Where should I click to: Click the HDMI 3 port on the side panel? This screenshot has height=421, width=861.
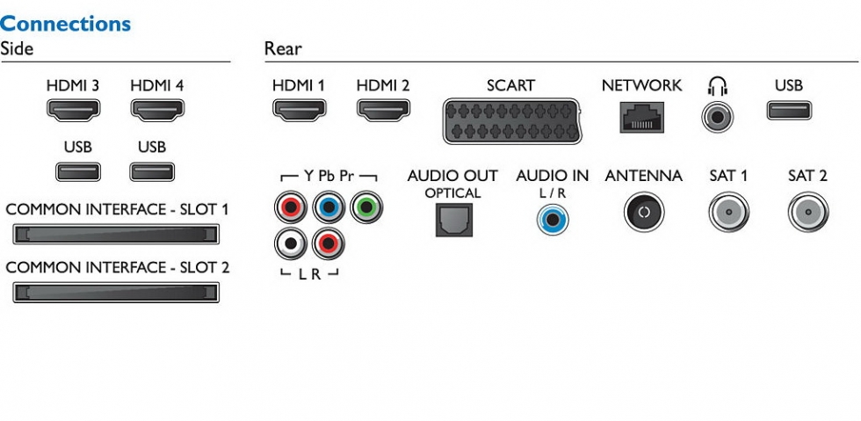pyautogui.click(x=73, y=111)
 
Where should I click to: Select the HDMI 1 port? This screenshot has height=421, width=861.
pyautogui.click(x=299, y=111)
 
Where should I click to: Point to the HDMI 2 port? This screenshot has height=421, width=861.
pyautogui.click(x=382, y=111)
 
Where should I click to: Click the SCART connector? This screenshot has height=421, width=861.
pyautogui.click(x=510, y=120)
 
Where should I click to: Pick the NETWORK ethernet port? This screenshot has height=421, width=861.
pyautogui.click(x=641, y=116)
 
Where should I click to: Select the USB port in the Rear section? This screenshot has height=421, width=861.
pyautogui.click(x=788, y=111)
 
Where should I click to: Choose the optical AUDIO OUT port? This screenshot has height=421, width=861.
pyautogui.click(x=452, y=220)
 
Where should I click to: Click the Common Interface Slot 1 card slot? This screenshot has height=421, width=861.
pyautogui.click(x=116, y=235)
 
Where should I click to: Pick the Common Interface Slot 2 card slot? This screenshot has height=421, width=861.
pyautogui.click(x=116, y=293)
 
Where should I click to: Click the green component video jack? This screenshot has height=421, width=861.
pyautogui.click(x=365, y=208)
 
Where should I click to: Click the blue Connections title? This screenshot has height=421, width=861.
pyautogui.click(x=66, y=24)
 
